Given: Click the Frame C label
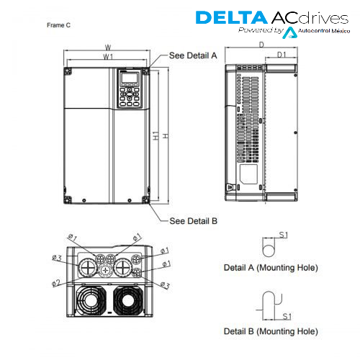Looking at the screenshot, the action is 58,25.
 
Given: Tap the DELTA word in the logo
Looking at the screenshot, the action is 232,17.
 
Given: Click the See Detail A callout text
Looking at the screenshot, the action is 193,55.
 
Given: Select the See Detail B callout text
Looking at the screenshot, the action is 193,221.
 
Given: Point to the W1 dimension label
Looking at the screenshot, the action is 108,57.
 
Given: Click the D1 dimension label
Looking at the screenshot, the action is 282,55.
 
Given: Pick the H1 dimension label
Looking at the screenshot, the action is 156,135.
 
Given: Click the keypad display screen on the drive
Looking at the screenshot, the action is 130,78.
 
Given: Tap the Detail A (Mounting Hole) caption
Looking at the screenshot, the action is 271,267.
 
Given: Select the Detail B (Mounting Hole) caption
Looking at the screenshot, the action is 271,331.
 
